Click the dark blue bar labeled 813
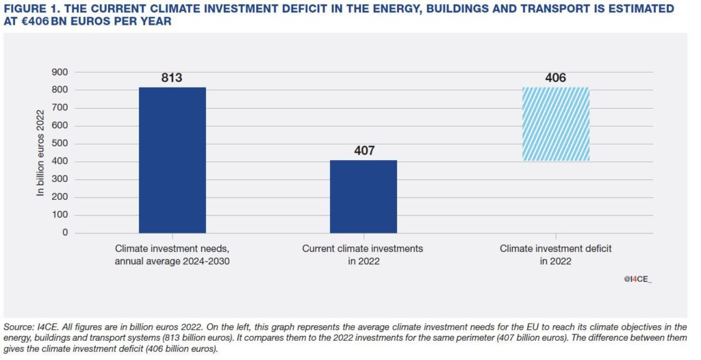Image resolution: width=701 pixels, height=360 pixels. point(172,160)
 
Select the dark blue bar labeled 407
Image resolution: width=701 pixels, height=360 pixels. point(363,196)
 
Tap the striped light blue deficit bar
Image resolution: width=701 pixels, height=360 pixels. point(555,124)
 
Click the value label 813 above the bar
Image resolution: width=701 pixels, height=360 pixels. point(172,77)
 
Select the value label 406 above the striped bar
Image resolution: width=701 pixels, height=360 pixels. point(555,77)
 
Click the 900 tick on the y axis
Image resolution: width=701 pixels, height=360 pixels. point(61,72)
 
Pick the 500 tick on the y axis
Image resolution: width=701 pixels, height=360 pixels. point(61,143)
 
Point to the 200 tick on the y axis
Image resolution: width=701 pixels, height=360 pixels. point(61,197)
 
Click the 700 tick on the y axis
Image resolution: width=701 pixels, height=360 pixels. point(61,107)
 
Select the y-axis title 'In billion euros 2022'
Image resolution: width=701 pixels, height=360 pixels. point(40,153)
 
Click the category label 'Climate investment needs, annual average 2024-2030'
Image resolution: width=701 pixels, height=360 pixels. point(172,255)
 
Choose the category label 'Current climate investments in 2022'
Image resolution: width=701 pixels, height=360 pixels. point(363,255)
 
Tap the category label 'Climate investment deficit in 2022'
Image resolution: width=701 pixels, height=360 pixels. point(555,255)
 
